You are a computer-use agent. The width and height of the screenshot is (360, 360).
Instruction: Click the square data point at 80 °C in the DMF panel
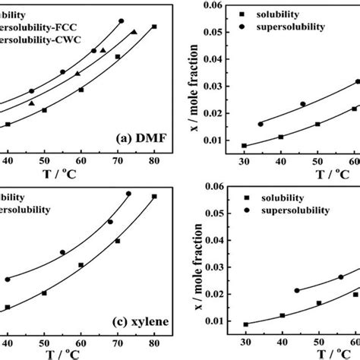(154, 27)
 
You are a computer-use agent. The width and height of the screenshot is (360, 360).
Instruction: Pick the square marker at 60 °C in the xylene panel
(81, 265)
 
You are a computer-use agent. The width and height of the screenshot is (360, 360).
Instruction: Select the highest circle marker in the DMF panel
(122, 21)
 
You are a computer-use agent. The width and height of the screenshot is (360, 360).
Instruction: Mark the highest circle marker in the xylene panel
(128, 194)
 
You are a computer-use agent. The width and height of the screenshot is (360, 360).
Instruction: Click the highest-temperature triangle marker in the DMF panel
(134, 32)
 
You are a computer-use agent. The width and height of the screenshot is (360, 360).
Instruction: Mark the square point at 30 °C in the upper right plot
(244, 146)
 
